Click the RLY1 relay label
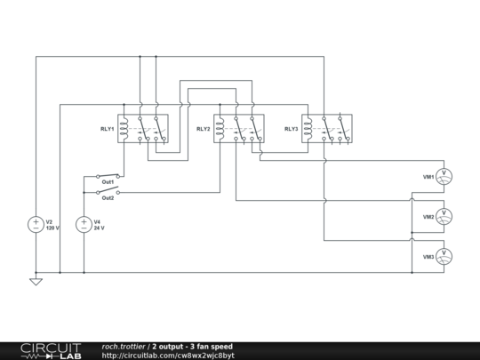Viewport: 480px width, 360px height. pos(108,129)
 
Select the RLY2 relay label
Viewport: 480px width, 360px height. pos(204,129)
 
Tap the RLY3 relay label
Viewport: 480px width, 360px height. pos(292,129)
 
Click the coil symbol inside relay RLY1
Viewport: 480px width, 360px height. pos(124,128)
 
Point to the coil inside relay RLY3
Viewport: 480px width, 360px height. pos(308,128)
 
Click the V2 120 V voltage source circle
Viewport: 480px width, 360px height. pos(36,224)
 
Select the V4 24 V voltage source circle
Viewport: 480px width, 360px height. pos(84,224)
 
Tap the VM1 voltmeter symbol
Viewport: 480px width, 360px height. pos(444,177)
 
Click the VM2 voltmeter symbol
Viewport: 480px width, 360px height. pos(444,216)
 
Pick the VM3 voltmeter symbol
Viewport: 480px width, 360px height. pos(444,257)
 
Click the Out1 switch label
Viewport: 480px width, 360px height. pos(108,182)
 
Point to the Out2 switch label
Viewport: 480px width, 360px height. pos(108,198)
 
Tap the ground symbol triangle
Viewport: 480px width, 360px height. pos(36,282)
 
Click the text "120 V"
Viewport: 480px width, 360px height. pos(52,228)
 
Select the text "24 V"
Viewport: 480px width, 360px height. pos(100,228)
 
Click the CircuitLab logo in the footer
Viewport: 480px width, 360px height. pos(52,351)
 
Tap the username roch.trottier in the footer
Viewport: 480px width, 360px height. pos(124,347)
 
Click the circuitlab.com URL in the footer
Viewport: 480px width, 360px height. pos(168,356)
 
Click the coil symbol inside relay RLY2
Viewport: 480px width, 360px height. pos(220,128)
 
